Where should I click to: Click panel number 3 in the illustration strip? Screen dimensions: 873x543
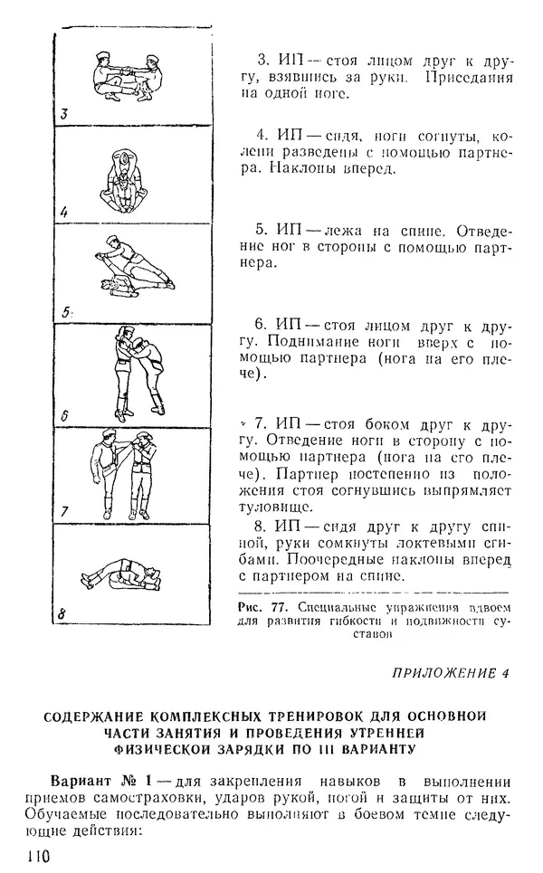pos(64,115)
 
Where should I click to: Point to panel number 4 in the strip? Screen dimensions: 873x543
pos(64,214)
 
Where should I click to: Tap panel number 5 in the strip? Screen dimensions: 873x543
pos(65,313)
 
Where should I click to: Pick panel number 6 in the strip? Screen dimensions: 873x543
pos(64,418)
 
